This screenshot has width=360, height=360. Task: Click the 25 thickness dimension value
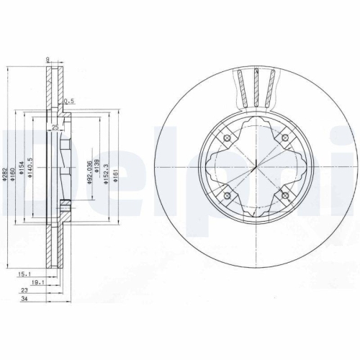click(55, 127)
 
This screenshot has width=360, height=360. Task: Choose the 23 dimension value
click(27, 292)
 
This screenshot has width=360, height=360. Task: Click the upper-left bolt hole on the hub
click(227, 138)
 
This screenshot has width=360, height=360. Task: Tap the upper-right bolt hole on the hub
click(285, 138)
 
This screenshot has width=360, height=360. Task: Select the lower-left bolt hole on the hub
click(227, 196)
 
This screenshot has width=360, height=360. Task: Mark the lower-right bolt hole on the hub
click(285, 196)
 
